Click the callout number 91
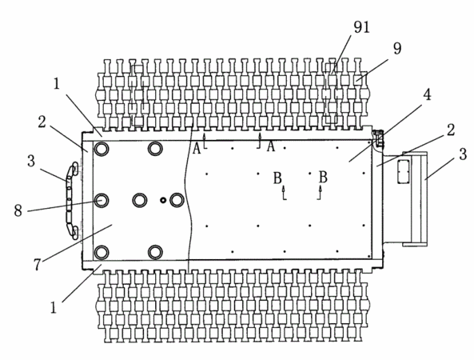pos(362,27)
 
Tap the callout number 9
pos(397,49)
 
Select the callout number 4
pos(427,95)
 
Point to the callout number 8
pos(18,210)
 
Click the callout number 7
pos(37,265)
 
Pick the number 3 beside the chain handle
pos(31,161)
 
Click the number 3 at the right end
pos(463,154)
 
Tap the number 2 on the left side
pos(42,122)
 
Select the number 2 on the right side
pos(451,130)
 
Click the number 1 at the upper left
pos(57,84)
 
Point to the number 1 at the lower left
pos(54,308)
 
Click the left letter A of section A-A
pos(197,149)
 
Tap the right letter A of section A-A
pos(271,146)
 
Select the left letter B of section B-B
pos(277,178)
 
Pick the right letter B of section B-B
pos(323,177)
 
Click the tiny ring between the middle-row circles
pos(163,200)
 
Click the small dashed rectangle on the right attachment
pos(403,171)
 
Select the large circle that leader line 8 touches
pos(102,200)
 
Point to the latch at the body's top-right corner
pos(378,139)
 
